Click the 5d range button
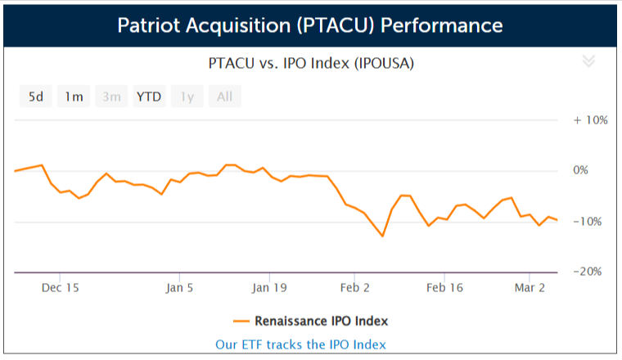click(36, 97)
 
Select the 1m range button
click(74, 97)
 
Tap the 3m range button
click(111, 97)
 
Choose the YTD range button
click(149, 97)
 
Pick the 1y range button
click(187, 97)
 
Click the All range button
click(224, 97)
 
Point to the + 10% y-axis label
click(590, 119)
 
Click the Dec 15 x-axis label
click(60, 288)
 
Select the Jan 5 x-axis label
click(179, 288)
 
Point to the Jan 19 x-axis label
click(269, 288)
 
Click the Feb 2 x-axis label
click(356, 288)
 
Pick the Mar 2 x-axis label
click(530, 288)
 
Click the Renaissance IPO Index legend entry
click(310, 320)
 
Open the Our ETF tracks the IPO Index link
click(300, 344)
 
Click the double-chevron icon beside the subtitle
click(588, 61)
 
